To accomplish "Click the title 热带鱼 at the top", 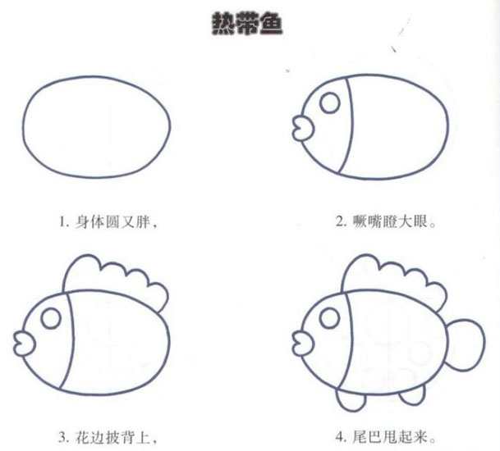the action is [x=247, y=24].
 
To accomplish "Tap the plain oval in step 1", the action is [x=23, y=127].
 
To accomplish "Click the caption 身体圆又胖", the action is [x=117, y=221].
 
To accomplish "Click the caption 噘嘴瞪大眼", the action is [x=394, y=221].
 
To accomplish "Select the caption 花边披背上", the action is [x=117, y=437].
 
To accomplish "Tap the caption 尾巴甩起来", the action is [x=394, y=437].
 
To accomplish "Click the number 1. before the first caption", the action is [x=64, y=222].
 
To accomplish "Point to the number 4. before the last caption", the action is [x=342, y=437].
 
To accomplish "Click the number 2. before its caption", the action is [x=342, y=221].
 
